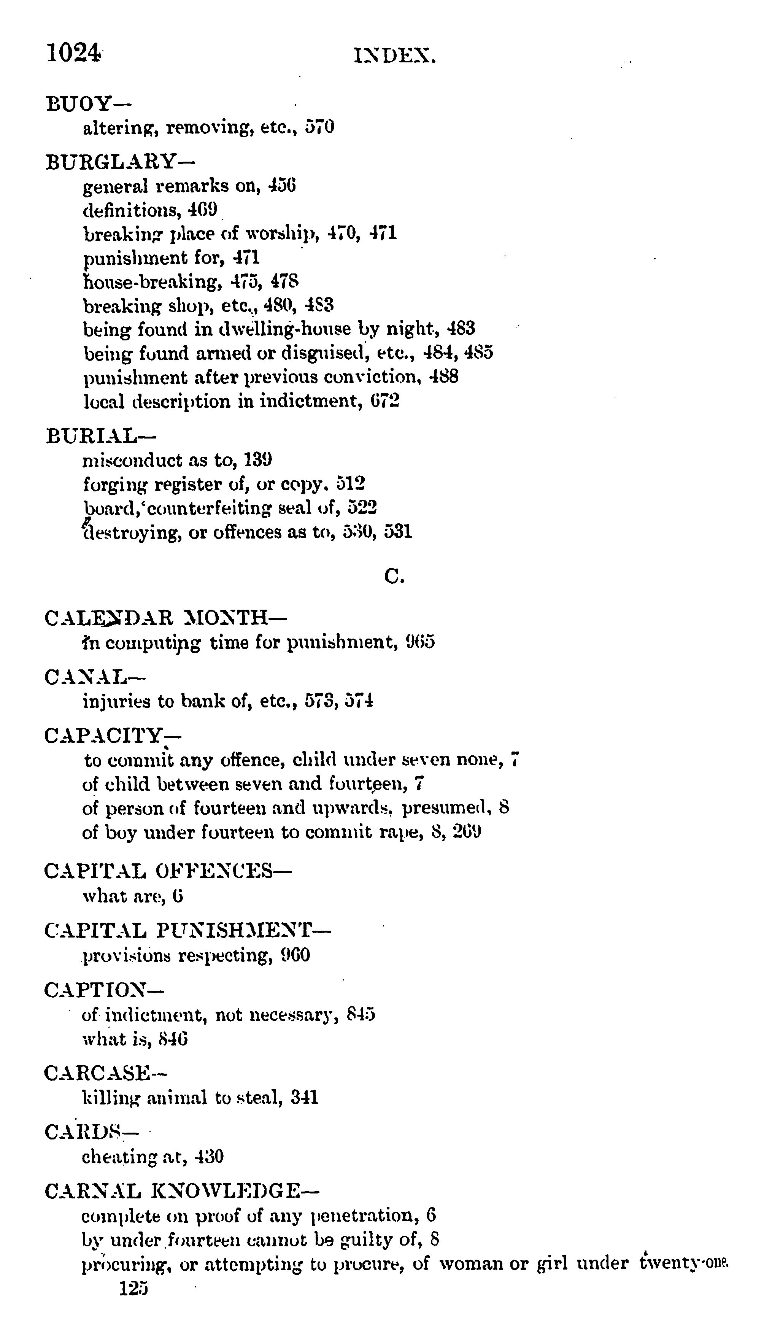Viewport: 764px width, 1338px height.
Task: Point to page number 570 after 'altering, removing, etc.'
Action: (319, 127)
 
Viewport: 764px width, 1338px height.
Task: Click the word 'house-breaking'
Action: (149, 282)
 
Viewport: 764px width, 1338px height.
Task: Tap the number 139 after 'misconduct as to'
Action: (257, 460)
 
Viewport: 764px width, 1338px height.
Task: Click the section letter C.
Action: (394, 577)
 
